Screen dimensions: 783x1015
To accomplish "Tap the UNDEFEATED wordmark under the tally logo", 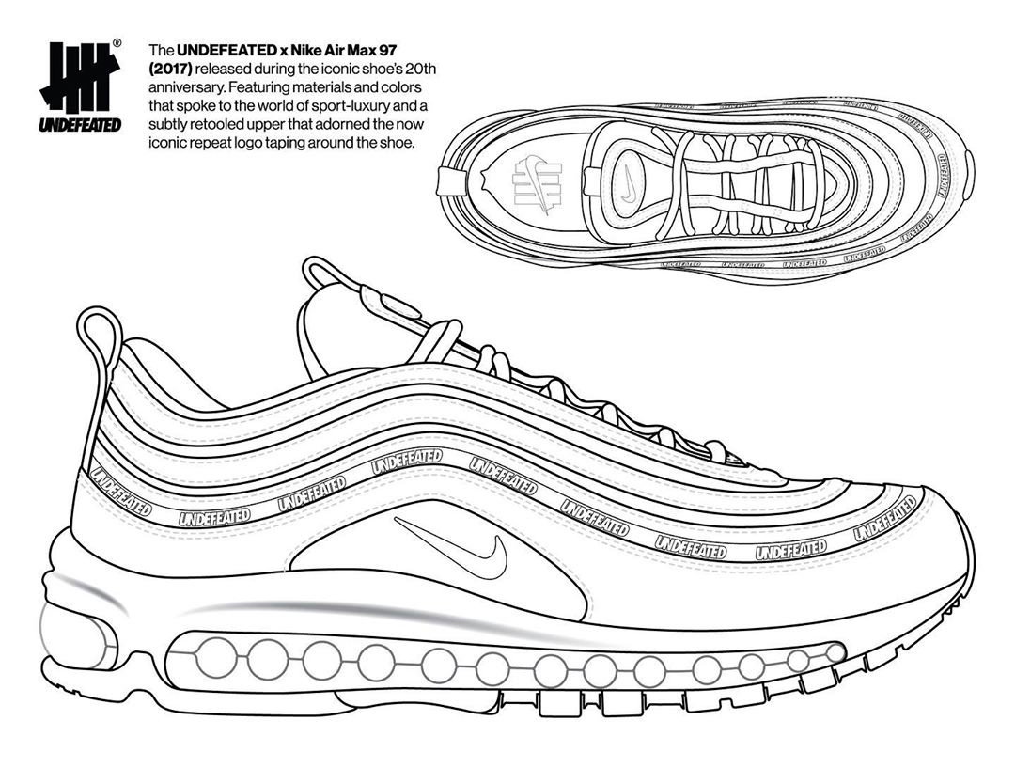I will [80, 123].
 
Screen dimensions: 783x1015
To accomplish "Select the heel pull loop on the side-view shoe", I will [100, 335].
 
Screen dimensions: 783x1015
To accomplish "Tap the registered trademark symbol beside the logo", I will [117, 43].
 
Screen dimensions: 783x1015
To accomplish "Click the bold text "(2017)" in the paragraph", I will [167, 69].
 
